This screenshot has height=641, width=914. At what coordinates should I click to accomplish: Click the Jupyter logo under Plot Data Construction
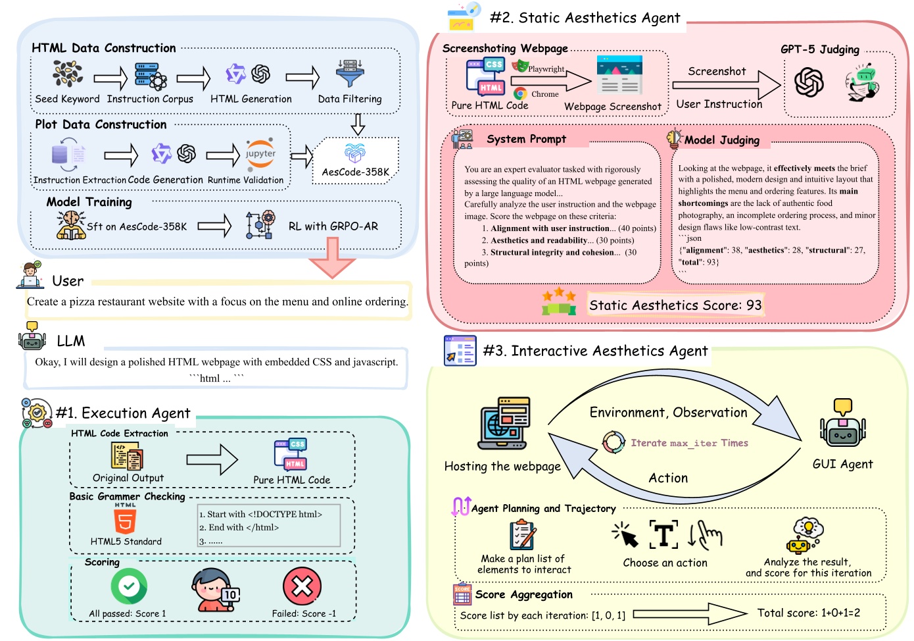coord(260,153)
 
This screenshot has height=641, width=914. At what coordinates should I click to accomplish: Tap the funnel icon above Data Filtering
coord(350,74)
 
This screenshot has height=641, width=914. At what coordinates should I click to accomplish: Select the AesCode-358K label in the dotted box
coord(355,172)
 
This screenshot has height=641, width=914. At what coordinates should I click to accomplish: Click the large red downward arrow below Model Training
coord(332,257)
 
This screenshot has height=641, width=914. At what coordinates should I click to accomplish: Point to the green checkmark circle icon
coord(129,586)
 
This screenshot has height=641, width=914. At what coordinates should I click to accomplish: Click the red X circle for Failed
coord(302,586)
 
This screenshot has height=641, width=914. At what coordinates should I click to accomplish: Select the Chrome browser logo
coord(521,94)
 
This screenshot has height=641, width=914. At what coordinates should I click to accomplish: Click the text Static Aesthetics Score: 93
coord(675,305)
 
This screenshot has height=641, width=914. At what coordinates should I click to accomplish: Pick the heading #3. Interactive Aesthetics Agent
coord(595,351)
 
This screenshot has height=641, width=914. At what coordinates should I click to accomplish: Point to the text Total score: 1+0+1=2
coord(808,613)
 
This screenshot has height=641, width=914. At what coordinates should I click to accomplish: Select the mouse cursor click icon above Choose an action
coord(625,535)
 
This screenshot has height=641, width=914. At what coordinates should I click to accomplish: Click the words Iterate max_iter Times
coord(689,443)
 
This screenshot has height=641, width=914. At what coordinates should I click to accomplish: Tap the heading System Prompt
coord(526,139)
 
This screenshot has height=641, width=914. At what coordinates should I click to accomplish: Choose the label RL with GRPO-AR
coord(333,226)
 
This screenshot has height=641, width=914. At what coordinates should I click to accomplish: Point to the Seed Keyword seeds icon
coord(67,74)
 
